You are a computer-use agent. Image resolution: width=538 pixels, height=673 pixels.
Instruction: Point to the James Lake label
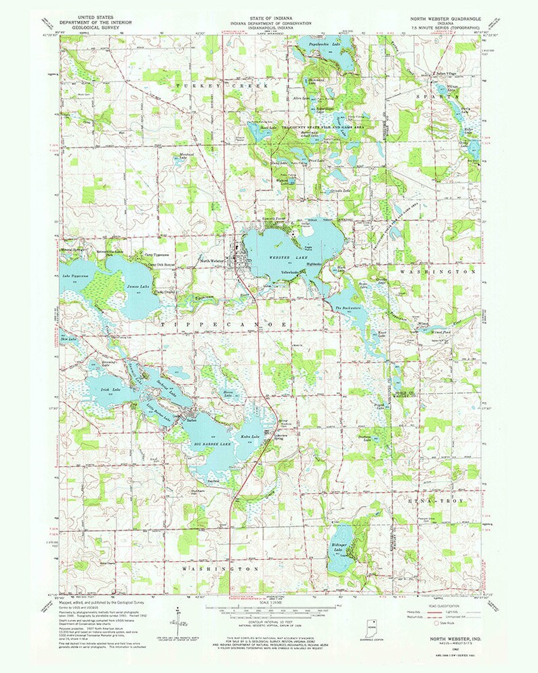pos(138,287)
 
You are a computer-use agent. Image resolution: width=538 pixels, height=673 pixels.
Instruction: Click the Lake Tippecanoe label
pos(76,276)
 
